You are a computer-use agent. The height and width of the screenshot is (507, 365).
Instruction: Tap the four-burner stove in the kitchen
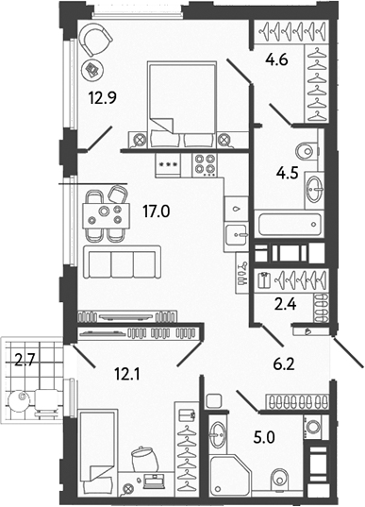pyautogui.click(x=206, y=164)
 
